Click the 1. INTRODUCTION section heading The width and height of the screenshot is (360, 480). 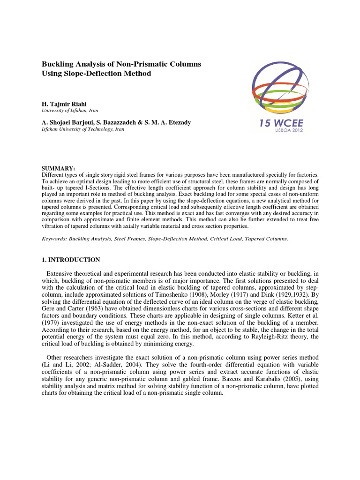click(71, 260)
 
